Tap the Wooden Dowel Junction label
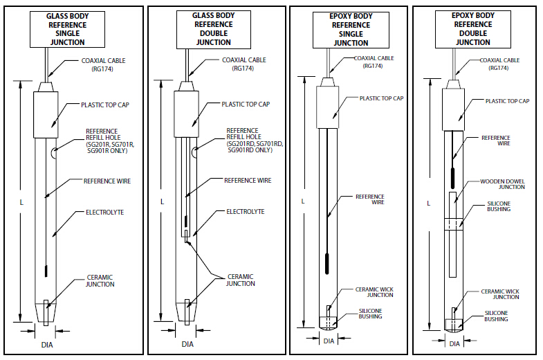pyautogui.click(x=502, y=183)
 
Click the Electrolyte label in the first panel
pyautogui.click(x=104, y=212)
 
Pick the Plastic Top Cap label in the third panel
pyautogui.click(x=381, y=98)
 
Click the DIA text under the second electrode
pyautogui.click(x=187, y=344)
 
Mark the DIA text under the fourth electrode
pyautogui.click(x=454, y=343)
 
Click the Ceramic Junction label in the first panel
pyautogui.click(x=100, y=280)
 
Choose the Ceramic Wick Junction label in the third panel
pyautogui.click(x=374, y=291)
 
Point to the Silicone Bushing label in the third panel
pyautogui.click(x=370, y=314)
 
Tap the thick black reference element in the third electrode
pyautogui.click(x=327, y=264)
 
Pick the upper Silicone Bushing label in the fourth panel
pyautogui.click(x=498, y=206)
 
